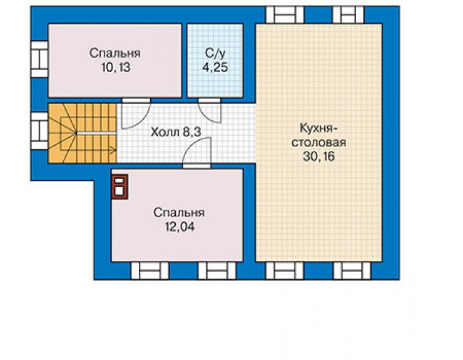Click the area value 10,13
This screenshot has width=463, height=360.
click(x=116, y=68)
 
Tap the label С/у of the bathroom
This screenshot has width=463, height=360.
click(x=215, y=53)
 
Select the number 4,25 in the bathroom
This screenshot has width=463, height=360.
click(x=215, y=68)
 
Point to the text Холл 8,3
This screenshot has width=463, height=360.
click(x=176, y=132)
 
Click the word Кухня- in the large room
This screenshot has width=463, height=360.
click(x=319, y=128)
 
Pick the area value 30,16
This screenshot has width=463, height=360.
click(x=319, y=157)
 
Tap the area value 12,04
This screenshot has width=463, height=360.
click(x=180, y=227)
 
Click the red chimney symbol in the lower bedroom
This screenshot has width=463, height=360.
click(x=120, y=187)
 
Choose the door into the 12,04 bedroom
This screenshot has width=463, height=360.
click(x=196, y=152)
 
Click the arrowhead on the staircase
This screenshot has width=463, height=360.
click(x=113, y=150)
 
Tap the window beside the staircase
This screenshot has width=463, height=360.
click(x=39, y=131)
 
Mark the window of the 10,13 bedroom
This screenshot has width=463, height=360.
click(x=39, y=59)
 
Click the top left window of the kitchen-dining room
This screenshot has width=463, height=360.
click(x=285, y=15)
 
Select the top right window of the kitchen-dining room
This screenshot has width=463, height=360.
click(x=349, y=15)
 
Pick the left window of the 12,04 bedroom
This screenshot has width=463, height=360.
click(x=150, y=270)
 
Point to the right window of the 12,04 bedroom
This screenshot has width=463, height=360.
click(x=217, y=270)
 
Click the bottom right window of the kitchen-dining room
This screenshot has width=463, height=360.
click(x=352, y=270)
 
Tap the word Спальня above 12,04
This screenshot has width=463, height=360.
click(x=179, y=213)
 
